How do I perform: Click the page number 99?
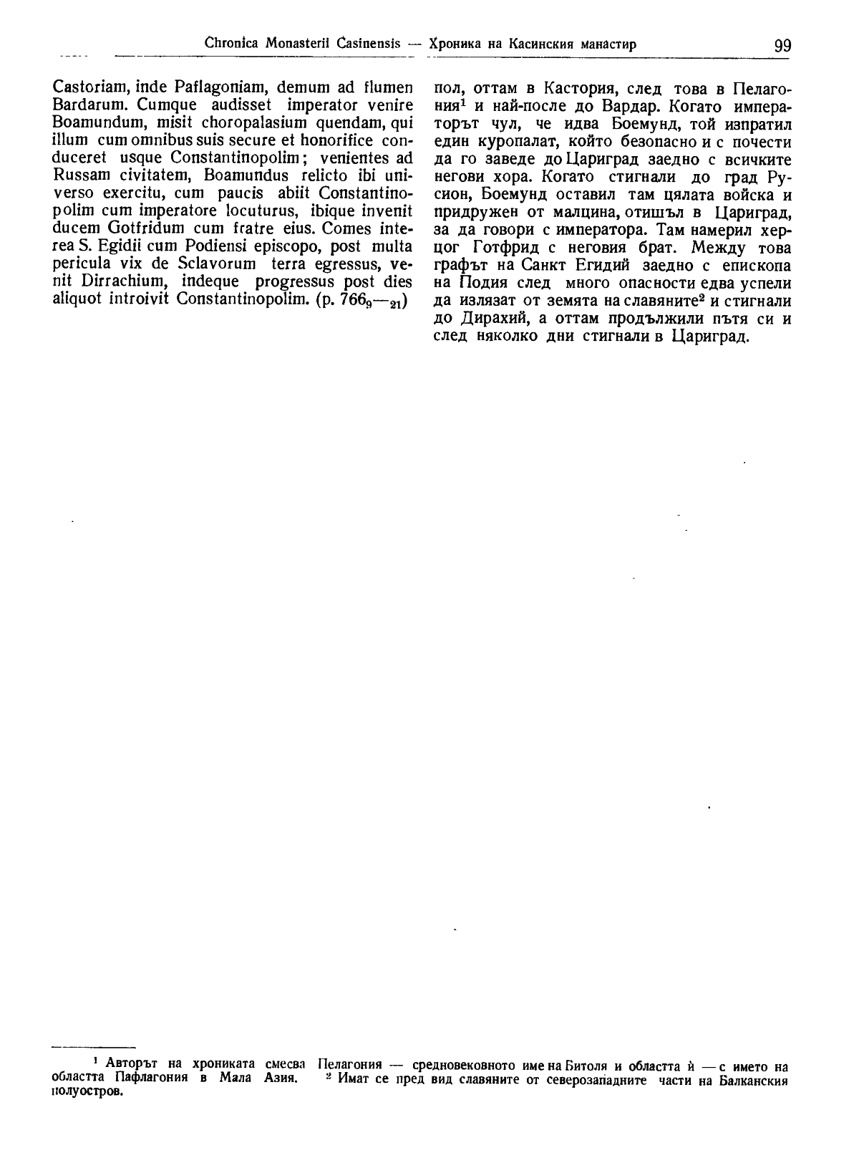click(782, 45)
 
